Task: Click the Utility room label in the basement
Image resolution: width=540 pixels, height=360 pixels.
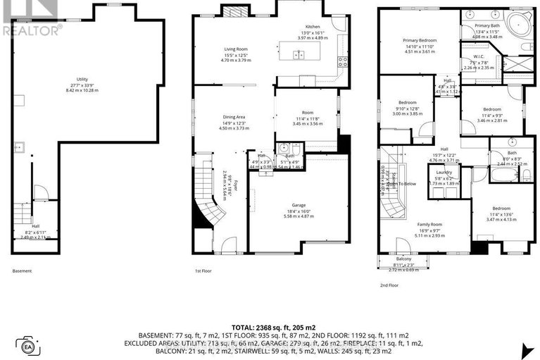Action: [83, 80]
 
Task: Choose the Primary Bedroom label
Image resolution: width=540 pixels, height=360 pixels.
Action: [419, 41]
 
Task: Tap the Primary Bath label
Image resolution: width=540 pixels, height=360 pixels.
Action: [486, 25]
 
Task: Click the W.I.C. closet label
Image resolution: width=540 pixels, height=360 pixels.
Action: [479, 57]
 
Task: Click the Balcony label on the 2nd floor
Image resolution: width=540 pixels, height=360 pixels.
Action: [403, 259]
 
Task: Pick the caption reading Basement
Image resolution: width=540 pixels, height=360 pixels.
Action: [22, 271]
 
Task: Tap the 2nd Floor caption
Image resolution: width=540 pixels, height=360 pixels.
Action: [389, 285]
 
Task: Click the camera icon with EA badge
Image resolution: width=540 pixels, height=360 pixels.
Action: [29, 347]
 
